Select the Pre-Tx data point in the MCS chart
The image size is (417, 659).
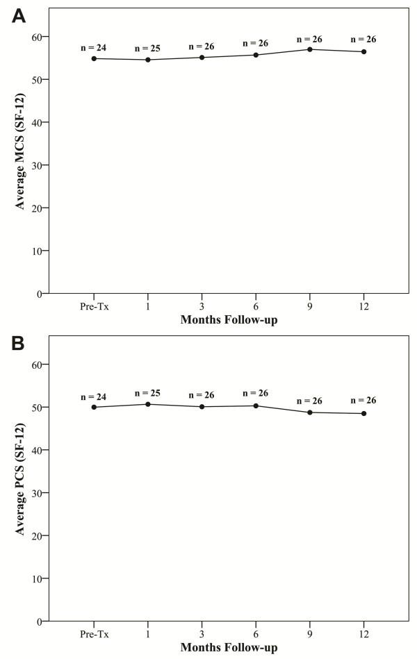[x=93, y=58]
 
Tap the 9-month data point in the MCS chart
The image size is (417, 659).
[x=309, y=49]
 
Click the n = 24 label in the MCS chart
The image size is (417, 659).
[x=92, y=49]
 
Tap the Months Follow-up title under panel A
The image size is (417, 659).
[x=229, y=320]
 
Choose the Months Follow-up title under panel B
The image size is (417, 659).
[x=229, y=648]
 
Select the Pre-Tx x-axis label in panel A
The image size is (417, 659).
[x=93, y=306]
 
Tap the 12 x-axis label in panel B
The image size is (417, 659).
[x=363, y=633]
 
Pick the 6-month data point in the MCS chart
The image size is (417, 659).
[x=256, y=55]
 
